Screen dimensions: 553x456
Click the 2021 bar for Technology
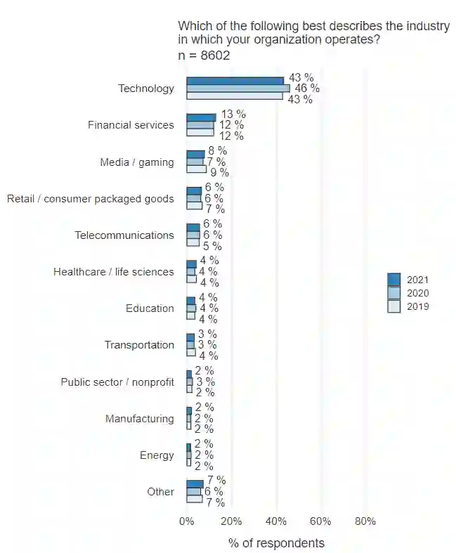[235, 81]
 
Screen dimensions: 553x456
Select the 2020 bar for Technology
[237, 89]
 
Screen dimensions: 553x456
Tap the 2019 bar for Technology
[235, 96]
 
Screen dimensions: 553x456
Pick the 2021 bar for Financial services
[201, 117]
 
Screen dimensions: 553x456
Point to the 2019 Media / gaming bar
[196, 169]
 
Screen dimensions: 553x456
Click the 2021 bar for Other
[195, 484]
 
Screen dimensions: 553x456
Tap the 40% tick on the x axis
[276, 521]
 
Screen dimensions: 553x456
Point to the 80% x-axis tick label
[365, 521]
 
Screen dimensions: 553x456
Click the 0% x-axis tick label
[187, 521]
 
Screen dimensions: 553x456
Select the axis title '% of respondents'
[276, 543]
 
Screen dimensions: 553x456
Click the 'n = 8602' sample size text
[204, 56]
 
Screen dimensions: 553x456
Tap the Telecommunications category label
[124, 235]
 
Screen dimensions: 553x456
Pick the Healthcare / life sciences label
[114, 271]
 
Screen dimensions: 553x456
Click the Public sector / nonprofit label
[117, 382]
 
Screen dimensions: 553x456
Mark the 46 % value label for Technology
[307, 89]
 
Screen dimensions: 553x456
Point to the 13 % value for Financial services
[233, 114]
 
